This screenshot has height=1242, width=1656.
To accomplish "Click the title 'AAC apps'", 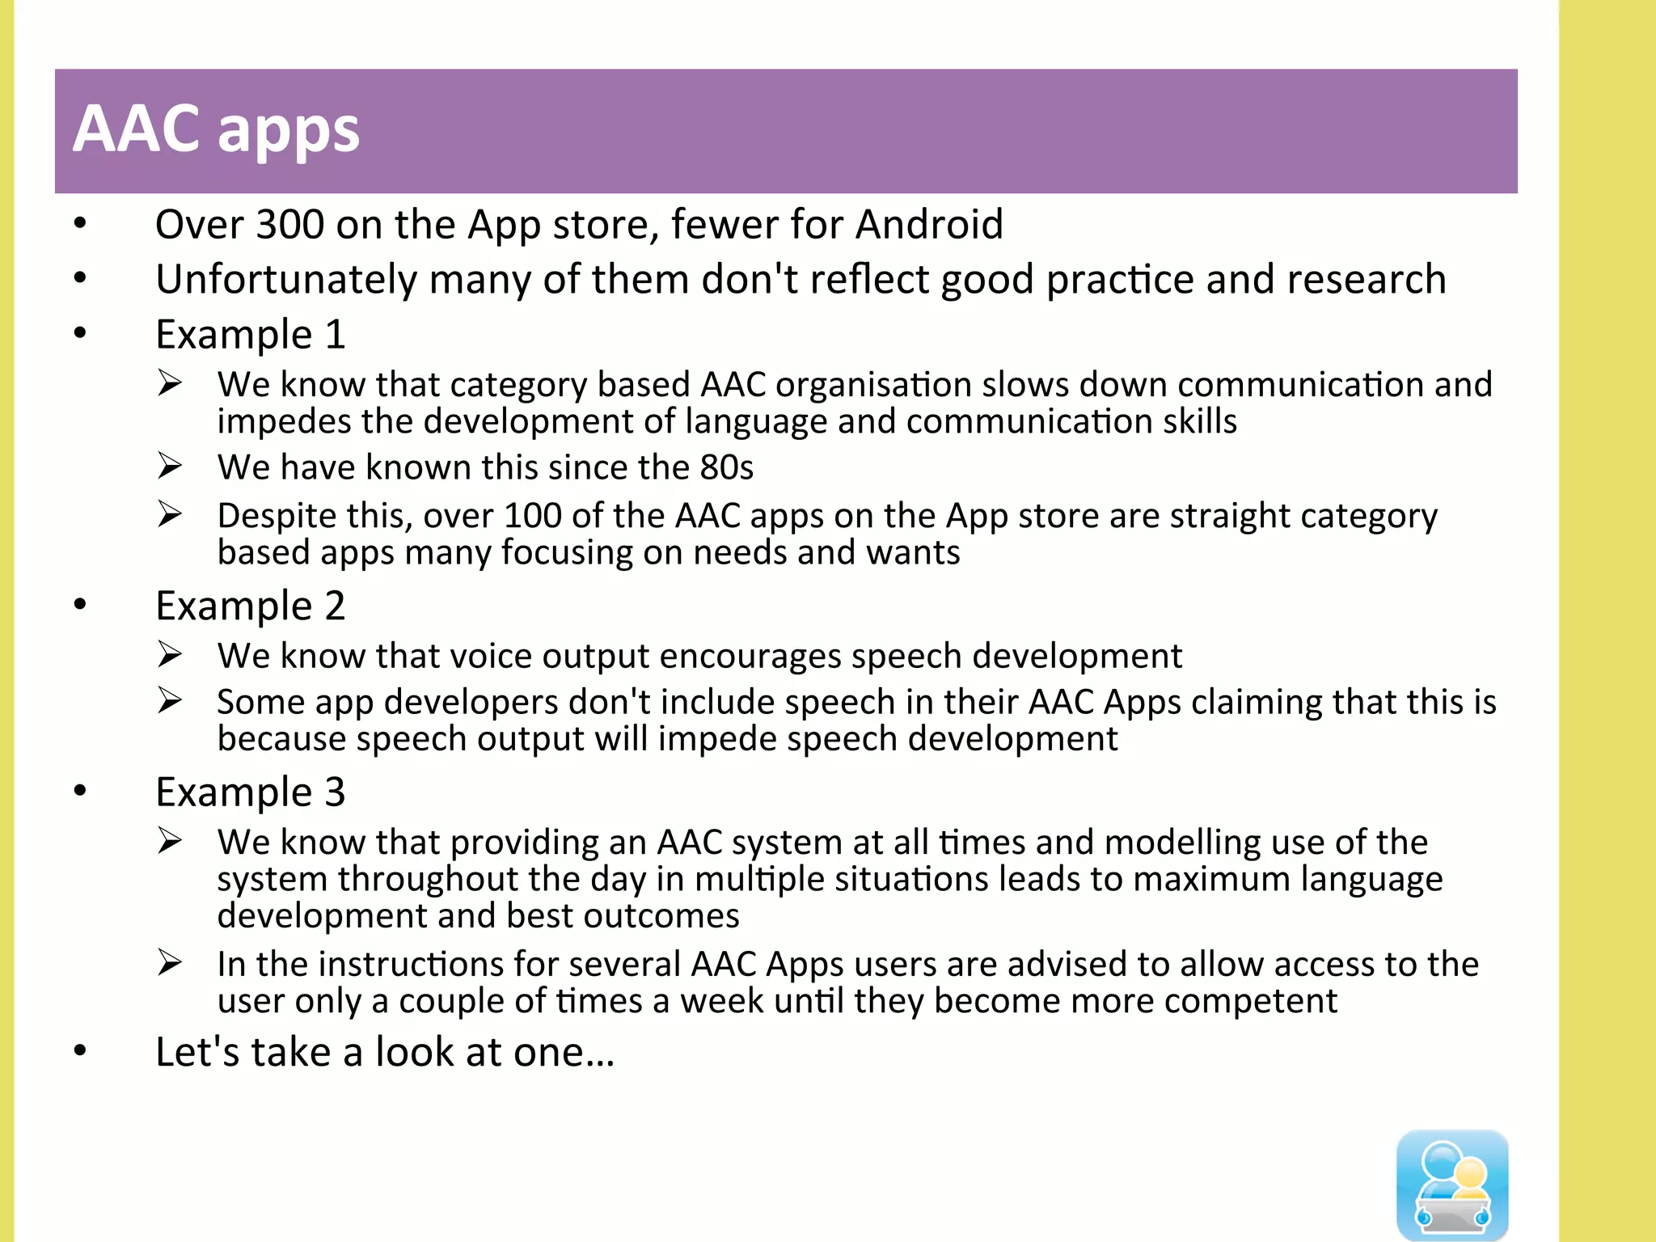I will (217, 129).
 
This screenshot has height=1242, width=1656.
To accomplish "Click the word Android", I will (929, 225).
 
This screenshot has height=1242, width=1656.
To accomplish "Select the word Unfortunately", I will (286, 280).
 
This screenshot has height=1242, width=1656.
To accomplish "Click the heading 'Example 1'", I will (250, 335).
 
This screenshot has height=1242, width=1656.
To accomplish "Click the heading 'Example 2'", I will (250, 606).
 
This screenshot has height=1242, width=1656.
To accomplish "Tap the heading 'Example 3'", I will (250, 792).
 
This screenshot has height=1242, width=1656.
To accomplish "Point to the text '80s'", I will (726, 468).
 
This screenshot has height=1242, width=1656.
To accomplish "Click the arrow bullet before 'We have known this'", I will (170, 467).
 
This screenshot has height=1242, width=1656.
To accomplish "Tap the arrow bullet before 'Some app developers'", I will (170, 700).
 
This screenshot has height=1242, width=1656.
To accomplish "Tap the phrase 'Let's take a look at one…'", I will (385, 1053).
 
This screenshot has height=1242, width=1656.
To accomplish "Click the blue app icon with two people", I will (1452, 1185).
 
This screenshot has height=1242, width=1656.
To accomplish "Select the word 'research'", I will (1366, 280).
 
